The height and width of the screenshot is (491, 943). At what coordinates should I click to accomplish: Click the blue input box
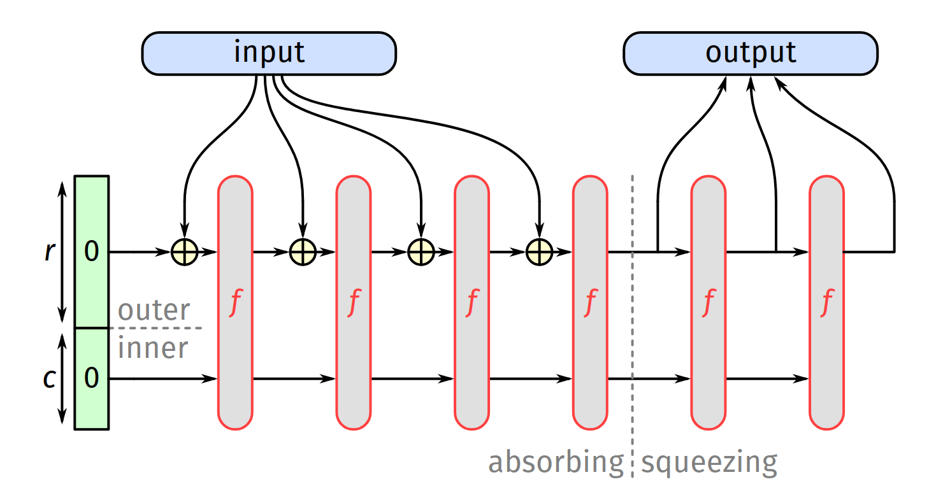[268, 53]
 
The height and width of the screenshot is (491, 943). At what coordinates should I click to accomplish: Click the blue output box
[750, 53]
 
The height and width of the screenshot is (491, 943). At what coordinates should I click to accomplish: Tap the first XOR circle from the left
[184, 252]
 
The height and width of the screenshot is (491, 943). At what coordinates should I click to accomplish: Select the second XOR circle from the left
[303, 252]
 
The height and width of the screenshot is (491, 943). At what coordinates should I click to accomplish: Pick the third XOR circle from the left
[421, 252]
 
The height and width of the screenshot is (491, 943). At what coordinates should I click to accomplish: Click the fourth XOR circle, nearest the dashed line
[539, 252]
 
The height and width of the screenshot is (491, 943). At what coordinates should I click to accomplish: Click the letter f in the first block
[235, 304]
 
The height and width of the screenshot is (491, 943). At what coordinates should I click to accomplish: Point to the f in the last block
[827, 304]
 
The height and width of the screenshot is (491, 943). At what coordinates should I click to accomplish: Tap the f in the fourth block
[591, 304]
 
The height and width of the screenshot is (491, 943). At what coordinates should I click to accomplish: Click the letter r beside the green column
[49, 252]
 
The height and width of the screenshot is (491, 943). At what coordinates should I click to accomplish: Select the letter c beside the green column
[49, 379]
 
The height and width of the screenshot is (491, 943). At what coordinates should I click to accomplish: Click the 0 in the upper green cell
[92, 252]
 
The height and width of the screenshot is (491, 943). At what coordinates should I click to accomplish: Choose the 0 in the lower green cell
[92, 379]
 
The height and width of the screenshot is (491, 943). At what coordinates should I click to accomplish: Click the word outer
[154, 311]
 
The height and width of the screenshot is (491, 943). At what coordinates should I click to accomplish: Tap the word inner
[153, 348]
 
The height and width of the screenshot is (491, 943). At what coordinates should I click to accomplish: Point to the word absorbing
[556, 462]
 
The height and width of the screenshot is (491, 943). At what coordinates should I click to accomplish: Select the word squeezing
[709, 462]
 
